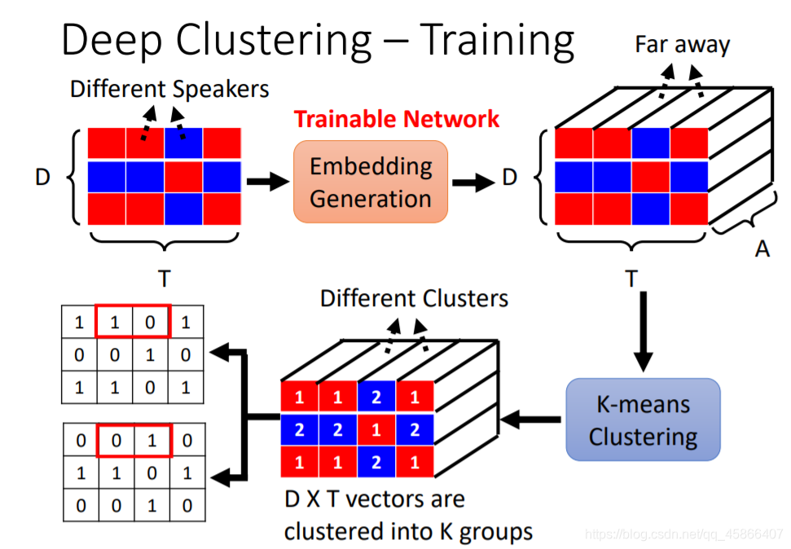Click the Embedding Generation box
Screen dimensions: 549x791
coord(371,182)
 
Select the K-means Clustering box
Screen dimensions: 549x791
coord(643,419)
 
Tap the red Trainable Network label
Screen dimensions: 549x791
coord(397,119)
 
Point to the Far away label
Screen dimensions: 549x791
coord(683,44)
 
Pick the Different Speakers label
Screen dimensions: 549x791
coord(169,88)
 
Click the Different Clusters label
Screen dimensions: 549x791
coord(414,298)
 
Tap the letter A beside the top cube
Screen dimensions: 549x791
coord(762,248)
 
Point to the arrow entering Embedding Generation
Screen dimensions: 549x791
coord(266,182)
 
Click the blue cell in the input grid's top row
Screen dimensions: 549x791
coord(184,144)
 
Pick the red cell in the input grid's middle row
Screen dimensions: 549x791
coord(184,176)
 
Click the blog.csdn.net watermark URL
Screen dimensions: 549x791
coord(684,534)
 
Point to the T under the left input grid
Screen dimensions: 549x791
coord(164,279)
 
